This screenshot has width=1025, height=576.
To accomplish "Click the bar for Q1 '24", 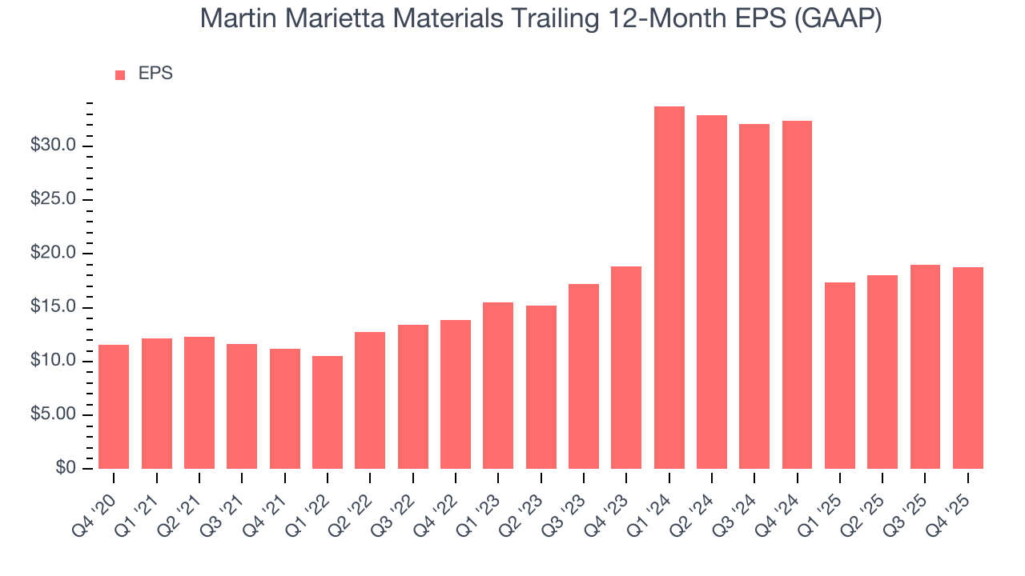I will pos(669,287).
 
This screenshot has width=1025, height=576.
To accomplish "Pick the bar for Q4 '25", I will pos(967,368).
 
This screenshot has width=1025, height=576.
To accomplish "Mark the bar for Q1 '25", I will pos(839,375).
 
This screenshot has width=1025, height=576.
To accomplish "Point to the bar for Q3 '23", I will pos(583,376).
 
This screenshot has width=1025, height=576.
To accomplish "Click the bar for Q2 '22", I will pos(370,400).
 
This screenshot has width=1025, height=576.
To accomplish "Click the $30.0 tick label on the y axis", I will pos(53,146).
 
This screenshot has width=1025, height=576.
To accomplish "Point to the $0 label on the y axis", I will pos(66,468).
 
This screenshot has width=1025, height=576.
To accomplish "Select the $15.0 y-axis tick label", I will pos(53,307).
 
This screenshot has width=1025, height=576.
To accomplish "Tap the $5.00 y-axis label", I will pos(53,414).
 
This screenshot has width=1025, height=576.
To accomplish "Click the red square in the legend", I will pos(120,74).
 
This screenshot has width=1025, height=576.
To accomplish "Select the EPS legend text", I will pos(155,74).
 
